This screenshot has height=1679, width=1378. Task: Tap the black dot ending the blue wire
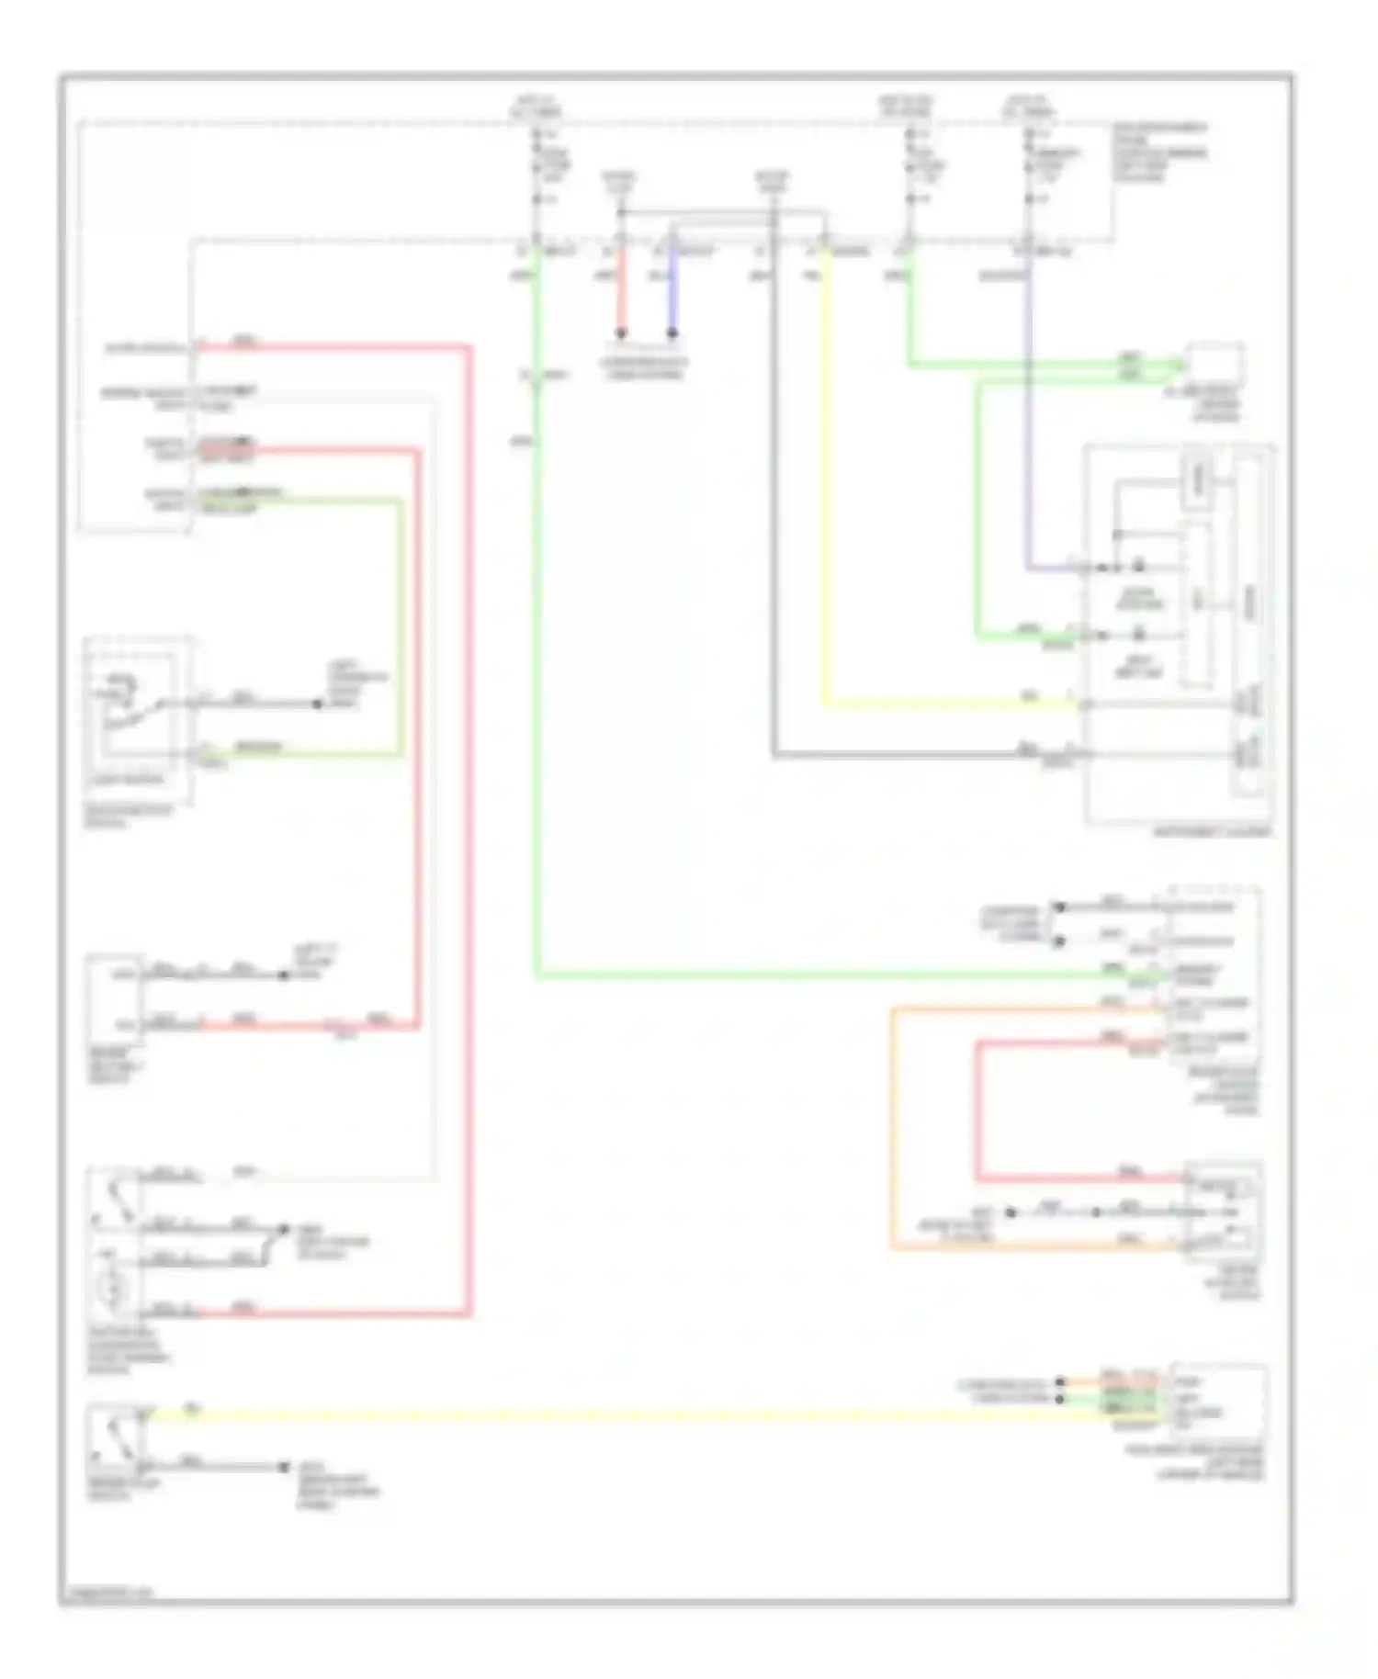click(x=672, y=334)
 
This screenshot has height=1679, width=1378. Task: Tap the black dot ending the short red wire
click(x=621, y=334)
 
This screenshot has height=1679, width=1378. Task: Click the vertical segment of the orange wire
click(x=891, y=1130)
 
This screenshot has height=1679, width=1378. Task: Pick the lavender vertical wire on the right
click(x=1028, y=413)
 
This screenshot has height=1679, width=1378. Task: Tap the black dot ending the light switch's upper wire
click(x=317, y=704)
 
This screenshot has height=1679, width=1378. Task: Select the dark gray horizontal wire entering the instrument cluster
click(x=919, y=757)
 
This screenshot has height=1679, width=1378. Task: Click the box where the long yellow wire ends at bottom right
click(x=1218, y=1402)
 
